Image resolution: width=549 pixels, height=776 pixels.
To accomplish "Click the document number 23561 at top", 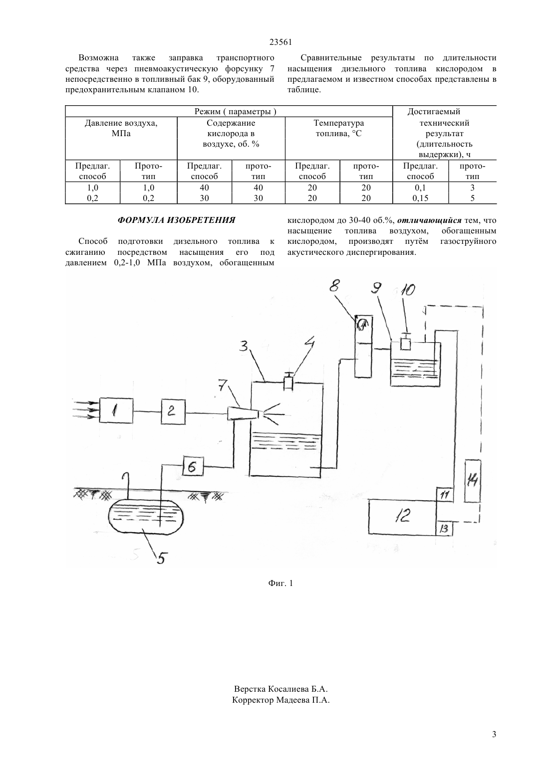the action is coord(280,42).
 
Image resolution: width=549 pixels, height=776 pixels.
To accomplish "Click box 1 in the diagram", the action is coord(116,410).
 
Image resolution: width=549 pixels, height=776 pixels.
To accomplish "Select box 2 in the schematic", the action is coord(173,411).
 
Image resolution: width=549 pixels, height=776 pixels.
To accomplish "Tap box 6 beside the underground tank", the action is coord(193,466).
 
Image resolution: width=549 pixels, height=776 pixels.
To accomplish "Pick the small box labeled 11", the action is coord(445,494).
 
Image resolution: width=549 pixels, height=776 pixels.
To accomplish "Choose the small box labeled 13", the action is coord(444,528).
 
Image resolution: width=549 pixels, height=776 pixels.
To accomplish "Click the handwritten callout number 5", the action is coord(161,558).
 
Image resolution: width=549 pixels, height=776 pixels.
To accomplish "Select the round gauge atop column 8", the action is coord(362,325).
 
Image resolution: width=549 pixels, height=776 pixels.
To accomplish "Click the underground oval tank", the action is coord(145,518).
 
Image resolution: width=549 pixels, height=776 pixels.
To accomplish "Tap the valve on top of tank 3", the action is coord(288,381).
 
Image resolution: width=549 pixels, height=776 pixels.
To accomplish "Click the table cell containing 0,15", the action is coord(420,198).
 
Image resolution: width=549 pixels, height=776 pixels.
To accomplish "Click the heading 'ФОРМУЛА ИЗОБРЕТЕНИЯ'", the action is coord(176,220).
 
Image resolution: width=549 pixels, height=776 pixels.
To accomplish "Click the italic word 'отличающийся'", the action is coord(429,220).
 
